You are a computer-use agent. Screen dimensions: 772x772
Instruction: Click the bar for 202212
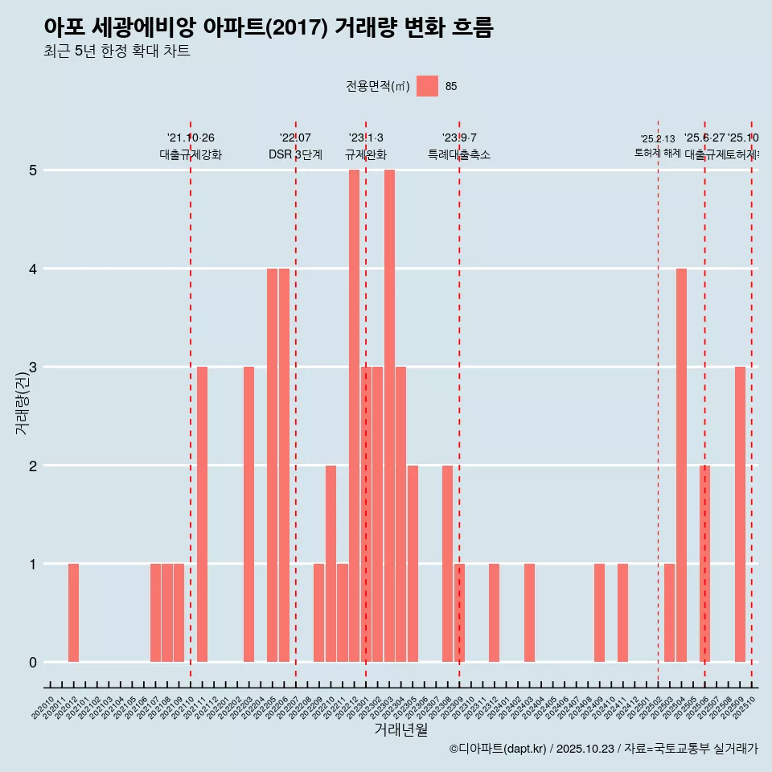354,416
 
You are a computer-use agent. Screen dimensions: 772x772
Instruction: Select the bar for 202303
389,416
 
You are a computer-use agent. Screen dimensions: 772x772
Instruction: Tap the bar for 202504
681,465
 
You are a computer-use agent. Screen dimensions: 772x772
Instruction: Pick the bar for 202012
73,613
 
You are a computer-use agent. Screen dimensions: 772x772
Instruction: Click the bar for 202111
202,515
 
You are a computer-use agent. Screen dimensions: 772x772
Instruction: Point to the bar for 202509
740,515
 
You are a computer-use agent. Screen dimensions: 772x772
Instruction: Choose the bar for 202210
331,564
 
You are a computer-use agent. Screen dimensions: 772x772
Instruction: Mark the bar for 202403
529,613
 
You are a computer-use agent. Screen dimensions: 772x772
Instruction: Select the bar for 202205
272,465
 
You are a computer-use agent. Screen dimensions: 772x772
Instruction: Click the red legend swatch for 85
427,86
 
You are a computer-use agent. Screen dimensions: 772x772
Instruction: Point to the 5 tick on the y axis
33,170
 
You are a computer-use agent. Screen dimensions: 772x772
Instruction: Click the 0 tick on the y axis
33,663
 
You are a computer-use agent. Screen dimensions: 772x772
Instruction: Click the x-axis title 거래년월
400,729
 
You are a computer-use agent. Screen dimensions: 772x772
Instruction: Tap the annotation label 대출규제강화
191,154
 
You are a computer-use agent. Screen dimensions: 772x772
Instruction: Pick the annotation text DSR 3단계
295,154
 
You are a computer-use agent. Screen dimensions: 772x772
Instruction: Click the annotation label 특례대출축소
459,154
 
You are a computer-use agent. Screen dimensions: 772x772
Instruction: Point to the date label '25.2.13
658,139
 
